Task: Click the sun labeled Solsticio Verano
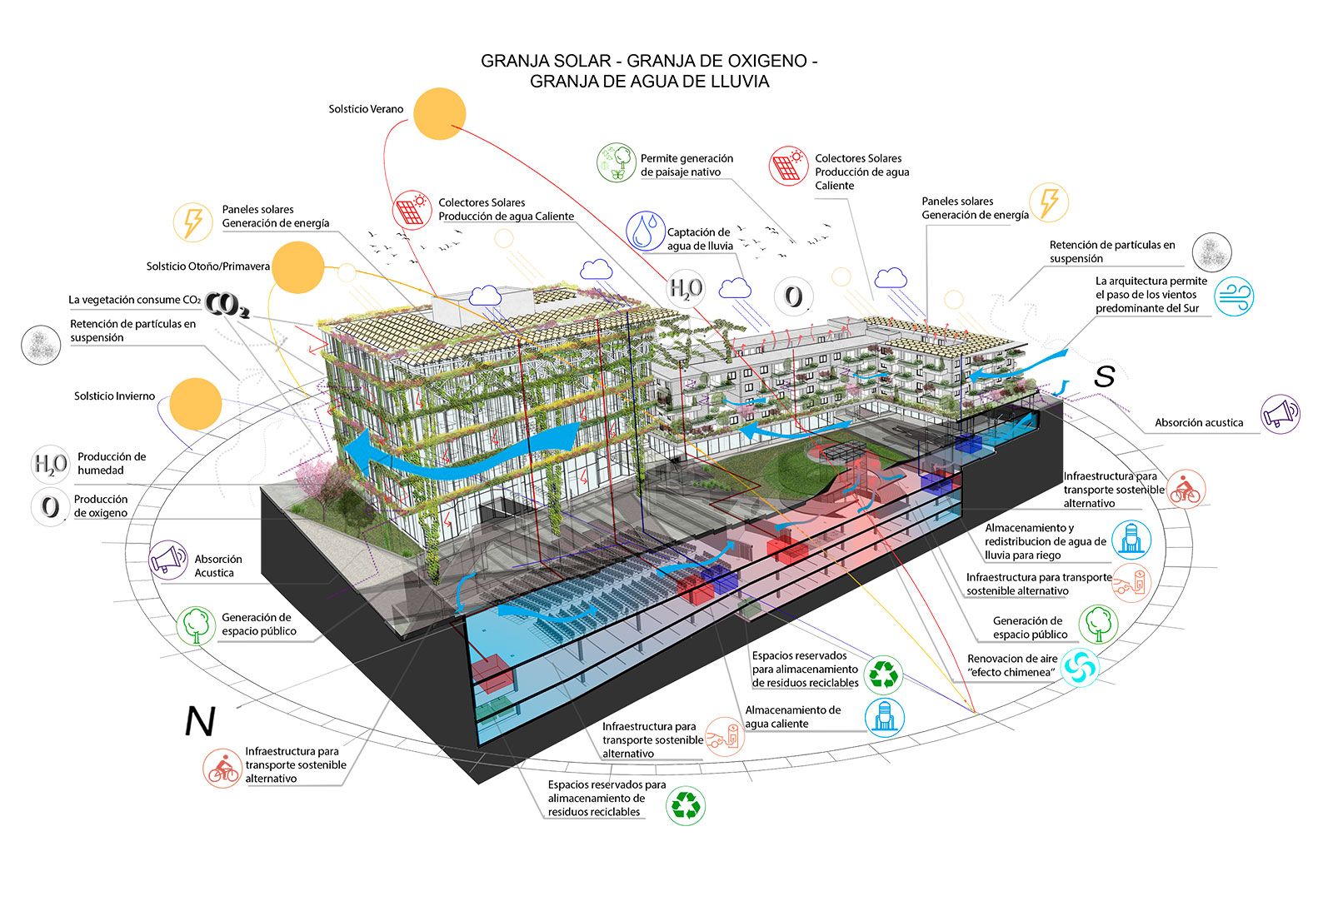point(439,113)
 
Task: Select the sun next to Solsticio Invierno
point(195,404)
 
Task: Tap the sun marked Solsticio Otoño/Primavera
point(297,267)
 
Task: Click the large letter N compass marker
point(200,721)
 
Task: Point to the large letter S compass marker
point(1105,376)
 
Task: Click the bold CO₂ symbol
point(227,306)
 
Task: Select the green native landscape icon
point(617,162)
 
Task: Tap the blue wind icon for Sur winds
point(1233,296)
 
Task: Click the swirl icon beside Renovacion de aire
point(1080,666)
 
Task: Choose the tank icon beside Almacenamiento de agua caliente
point(884,716)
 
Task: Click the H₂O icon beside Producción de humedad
point(50,464)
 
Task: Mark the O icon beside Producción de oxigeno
point(50,506)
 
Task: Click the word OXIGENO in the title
point(766,61)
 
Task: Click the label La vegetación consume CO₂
point(134,300)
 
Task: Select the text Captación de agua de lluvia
point(700,239)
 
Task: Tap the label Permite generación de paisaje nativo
point(686,165)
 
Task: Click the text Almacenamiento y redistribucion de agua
point(1045,541)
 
